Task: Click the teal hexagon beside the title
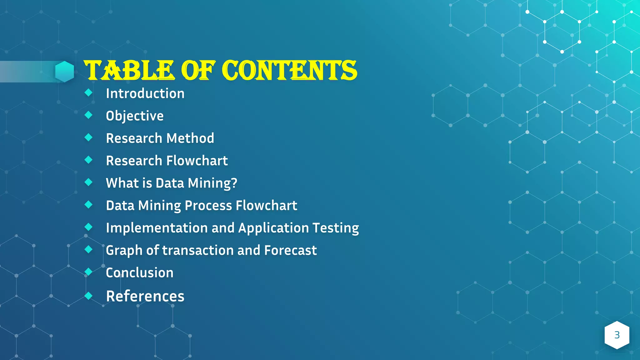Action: click(x=65, y=72)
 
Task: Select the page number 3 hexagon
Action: click(x=617, y=335)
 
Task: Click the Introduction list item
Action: click(x=145, y=93)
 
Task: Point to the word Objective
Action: click(x=135, y=116)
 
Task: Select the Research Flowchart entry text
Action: click(x=167, y=161)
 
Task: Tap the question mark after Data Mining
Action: click(x=234, y=183)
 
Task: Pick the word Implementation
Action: click(x=157, y=228)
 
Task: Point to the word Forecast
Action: click(x=290, y=250)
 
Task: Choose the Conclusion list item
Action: click(x=139, y=273)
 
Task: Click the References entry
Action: click(x=145, y=296)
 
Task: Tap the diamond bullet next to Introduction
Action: click(x=89, y=92)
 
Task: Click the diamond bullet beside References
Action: click(x=89, y=296)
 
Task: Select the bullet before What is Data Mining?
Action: click(x=89, y=182)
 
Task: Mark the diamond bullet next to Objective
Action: click(x=89, y=115)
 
